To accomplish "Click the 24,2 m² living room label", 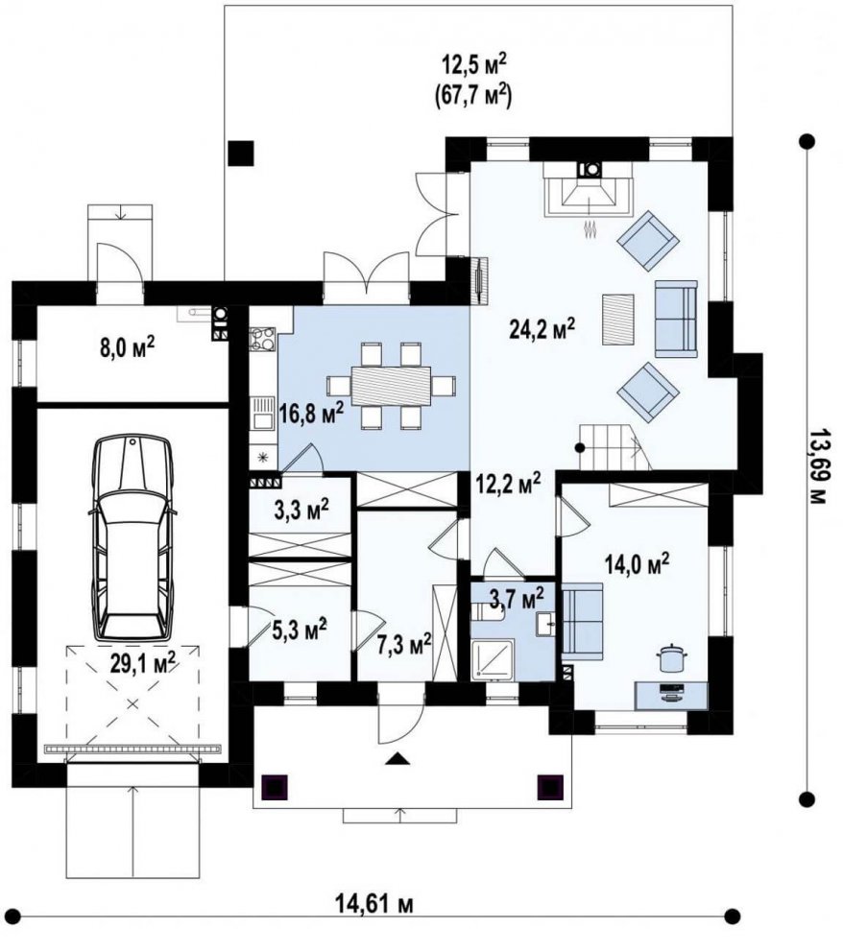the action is tap(542, 329).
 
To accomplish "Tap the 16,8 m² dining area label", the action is tap(311, 415).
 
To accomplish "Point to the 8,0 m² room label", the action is tap(126, 348).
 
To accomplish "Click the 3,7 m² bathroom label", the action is tap(517, 598).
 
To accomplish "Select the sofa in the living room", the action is tap(676, 319).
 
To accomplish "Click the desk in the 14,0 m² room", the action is tap(670, 696).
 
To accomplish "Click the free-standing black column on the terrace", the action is tap(241, 153).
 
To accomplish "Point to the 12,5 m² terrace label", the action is tap(472, 63).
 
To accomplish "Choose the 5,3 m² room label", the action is tap(300, 630).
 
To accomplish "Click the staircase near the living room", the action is tap(613, 447).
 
